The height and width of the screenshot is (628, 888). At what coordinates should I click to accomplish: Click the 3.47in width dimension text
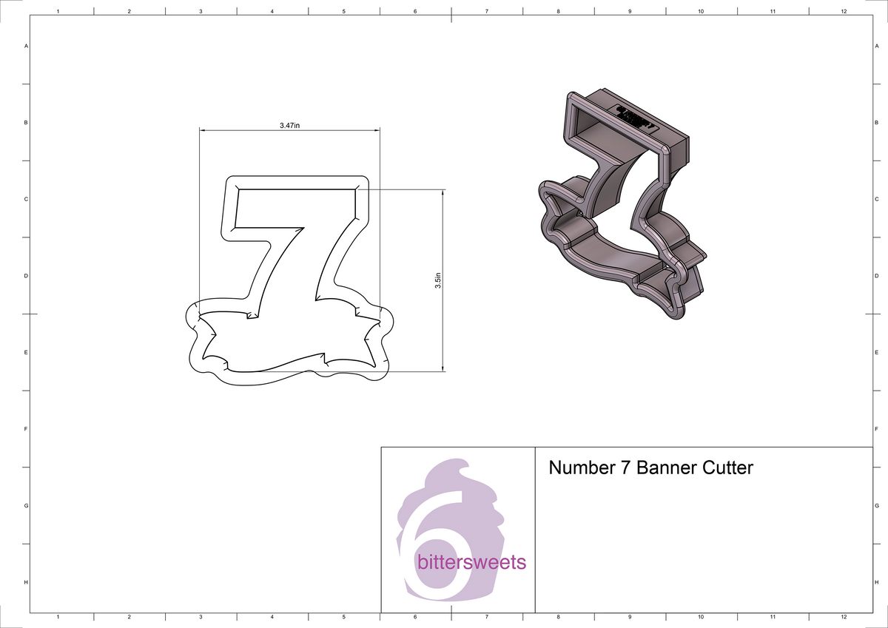[289, 126]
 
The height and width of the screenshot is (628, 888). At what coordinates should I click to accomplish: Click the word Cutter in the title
[728, 467]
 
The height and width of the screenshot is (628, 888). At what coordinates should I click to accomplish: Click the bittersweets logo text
[471, 563]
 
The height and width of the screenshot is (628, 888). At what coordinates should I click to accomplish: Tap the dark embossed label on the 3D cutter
[635, 117]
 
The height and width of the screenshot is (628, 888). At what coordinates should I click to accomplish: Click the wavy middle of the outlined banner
[289, 348]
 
